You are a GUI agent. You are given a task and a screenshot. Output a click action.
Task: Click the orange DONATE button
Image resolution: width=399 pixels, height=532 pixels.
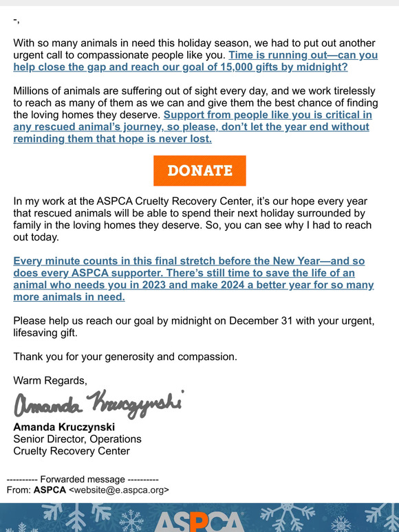tap(199, 170)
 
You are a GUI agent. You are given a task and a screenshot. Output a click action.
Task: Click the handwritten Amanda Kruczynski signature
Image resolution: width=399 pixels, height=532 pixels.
tap(98, 403)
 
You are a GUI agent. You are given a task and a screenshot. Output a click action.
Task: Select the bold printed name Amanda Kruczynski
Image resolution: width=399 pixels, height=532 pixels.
tap(64, 427)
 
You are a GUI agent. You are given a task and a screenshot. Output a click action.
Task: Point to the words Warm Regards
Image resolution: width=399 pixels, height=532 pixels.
tap(50, 380)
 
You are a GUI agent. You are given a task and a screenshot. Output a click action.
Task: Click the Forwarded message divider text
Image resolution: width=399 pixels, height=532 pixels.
tap(83, 479)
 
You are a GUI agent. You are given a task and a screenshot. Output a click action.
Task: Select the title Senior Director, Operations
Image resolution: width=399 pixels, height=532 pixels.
tap(77, 439)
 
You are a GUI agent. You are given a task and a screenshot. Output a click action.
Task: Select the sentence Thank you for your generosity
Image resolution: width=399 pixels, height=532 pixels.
tap(125, 357)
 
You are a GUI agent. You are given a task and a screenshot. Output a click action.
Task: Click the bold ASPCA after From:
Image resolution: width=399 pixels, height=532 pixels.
tap(50, 490)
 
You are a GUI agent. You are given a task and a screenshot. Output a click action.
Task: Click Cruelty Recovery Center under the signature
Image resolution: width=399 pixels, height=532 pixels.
tap(72, 451)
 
